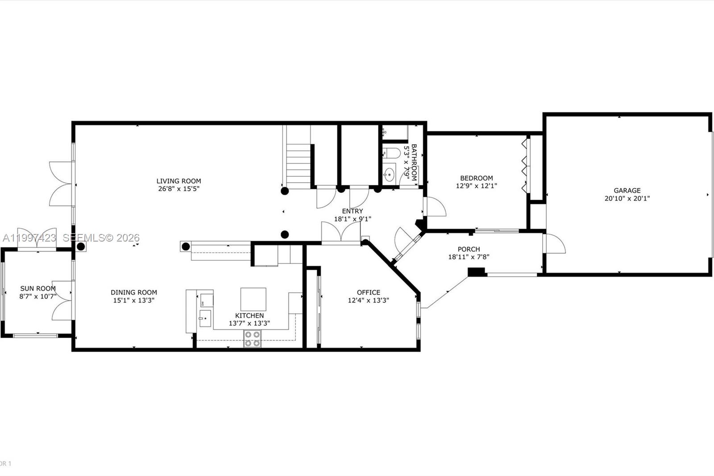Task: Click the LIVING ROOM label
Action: (178, 181)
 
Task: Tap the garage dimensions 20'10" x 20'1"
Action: (627, 199)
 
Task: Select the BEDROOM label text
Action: (477, 178)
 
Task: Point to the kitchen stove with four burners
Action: (252, 339)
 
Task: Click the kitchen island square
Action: (253, 299)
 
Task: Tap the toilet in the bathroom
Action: (391, 153)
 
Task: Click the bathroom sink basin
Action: (390, 174)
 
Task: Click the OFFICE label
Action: (369, 292)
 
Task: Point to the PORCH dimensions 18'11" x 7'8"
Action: (469, 257)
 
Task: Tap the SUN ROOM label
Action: (38, 288)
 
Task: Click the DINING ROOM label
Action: (134, 292)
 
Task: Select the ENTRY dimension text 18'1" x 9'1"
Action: (353, 219)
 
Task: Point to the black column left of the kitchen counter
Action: (186, 246)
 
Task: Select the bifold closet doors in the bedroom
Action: (525, 167)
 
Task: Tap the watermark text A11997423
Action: (29, 238)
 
